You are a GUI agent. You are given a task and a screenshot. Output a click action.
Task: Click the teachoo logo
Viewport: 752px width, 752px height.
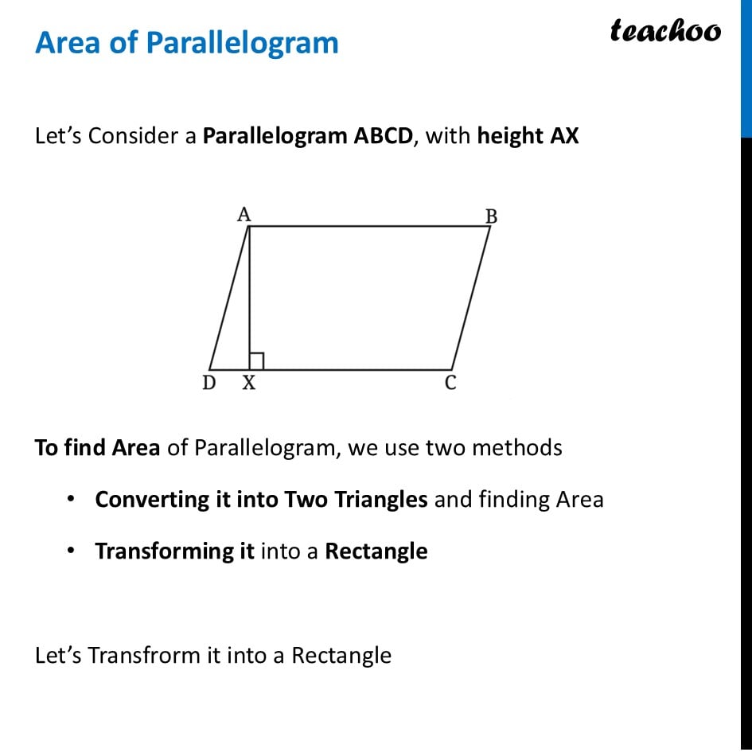[x=665, y=31]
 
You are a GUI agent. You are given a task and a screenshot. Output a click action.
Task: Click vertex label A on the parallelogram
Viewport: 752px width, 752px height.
[x=244, y=214]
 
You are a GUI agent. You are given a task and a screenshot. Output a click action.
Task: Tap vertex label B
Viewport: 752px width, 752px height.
[x=491, y=216]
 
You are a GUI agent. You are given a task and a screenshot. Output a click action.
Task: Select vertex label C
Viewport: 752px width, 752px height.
[x=450, y=384]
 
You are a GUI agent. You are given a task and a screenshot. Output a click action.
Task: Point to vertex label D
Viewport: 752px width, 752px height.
[x=208, y=384]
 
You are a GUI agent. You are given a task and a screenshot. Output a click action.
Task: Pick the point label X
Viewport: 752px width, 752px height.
[x=249, y=384]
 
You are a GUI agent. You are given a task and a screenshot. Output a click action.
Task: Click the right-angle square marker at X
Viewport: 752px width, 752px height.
[x=256, y=361]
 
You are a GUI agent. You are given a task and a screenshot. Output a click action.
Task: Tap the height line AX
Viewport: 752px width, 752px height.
[x=249, y=294]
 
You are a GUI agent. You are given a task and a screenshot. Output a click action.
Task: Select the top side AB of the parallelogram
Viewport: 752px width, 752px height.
[x=370, y=226]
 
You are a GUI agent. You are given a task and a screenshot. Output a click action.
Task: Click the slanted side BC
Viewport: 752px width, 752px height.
[x=471, y=298]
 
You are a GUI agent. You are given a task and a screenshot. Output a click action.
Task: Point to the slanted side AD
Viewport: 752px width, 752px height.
[x=229, y=298]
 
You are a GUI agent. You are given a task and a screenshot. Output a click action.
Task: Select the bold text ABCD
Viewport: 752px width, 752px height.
[x=384, y=136]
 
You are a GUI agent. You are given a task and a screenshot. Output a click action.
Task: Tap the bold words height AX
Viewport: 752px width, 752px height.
[x=528, y=136]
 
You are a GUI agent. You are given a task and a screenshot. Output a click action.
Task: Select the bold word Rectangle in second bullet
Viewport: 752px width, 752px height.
[x=376, y=551]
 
